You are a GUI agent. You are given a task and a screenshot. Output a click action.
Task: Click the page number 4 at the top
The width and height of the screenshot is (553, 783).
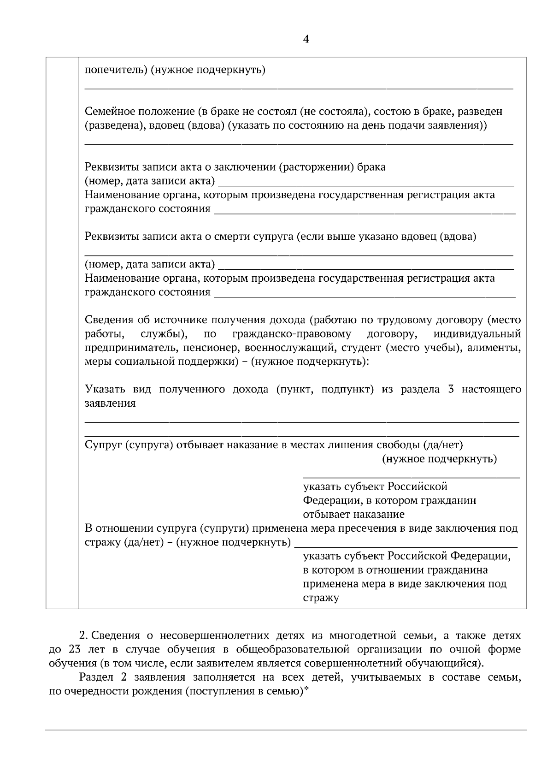(x=306, y=40)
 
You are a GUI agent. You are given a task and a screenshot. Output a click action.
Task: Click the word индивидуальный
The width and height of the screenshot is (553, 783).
(x=477, y=333)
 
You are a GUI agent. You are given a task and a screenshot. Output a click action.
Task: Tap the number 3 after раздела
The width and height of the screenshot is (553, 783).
(x=451, y=389)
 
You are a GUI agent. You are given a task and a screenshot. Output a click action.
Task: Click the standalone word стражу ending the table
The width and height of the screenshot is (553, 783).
(x=321, y=598)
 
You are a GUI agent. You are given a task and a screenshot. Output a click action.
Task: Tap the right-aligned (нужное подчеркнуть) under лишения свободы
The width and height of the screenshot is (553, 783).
(x=439, y=459)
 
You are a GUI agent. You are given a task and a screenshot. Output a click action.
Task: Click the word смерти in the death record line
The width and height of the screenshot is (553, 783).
(x=229, y=237)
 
